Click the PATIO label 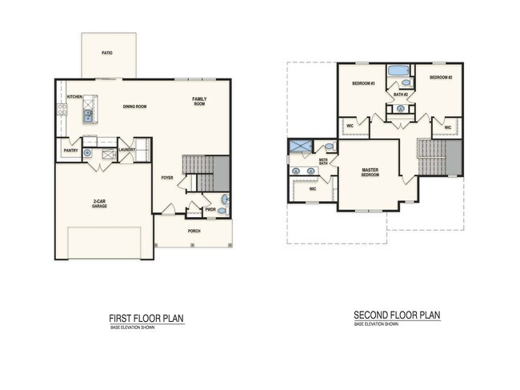(106, 53)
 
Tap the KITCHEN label (74, 97)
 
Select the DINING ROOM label (134, 107)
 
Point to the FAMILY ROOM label (198, 101)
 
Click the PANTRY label (70, 150)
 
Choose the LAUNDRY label (126, 150)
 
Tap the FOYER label (167, 178)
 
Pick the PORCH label (194, 231)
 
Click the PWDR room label (210, 210)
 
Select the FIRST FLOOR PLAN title (146, 319)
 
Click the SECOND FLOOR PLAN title (397, 316)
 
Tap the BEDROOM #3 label (364, 83)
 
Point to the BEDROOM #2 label (441, 78)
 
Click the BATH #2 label (401, 94)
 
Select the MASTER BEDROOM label (370, 172)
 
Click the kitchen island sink (87, 118)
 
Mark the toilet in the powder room (225, 200)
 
